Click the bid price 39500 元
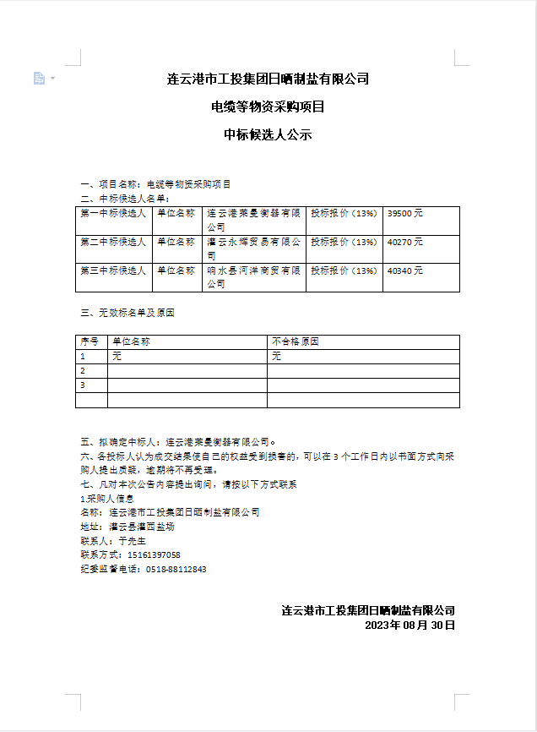[x=404, y=215]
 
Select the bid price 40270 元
[x=404, y=243]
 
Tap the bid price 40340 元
[x=404, y=271]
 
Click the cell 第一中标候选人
[x=113, y=215]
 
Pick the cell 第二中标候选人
[x=113, y=243]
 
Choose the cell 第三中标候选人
[x=113, y=271]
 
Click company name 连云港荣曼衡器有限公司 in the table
[x=253, y=221]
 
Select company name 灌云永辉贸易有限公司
[x=253, y=249]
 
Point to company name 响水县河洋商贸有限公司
[x=253, y=277]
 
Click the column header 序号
[x=89, y=342]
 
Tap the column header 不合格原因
[x=296, y=342]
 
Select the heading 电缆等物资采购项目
[x=268, y=107]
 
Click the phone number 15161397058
[x=154, y=554]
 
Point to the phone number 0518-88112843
[x=176, y=569]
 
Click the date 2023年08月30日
[x=410, y=625]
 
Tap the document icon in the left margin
[x=39, y=79]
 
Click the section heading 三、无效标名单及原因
[x=127, y=313]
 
